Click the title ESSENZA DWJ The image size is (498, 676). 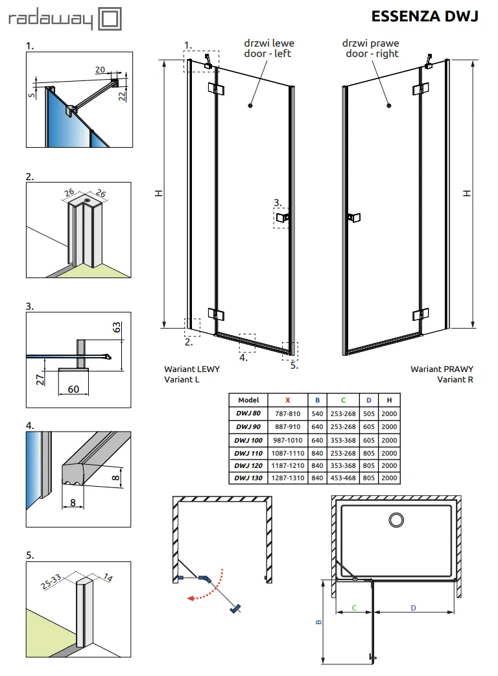click(x=425, y=16)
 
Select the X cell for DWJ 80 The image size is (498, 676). click(x=287, y=414)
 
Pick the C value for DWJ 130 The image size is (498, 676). click(x=343, y=478)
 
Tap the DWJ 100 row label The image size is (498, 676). click(x=248, y=439)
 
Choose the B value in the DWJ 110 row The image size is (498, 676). click(x=318, y=452)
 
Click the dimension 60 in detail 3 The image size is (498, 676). click(x=73, y=389)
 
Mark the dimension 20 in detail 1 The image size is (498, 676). click(x=100, y=69)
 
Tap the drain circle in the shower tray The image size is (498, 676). click(x=396, y=519)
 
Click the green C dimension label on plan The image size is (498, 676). click(x=353, y=607)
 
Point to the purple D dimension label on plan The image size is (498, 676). click(x=412, y=607)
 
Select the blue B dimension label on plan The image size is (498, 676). click(x=318, y=621)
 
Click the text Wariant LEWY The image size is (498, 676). click(x=191, y=369)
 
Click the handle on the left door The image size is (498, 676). click(x=283, y=218)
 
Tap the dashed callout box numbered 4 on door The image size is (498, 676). click(x=246, y=342)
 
